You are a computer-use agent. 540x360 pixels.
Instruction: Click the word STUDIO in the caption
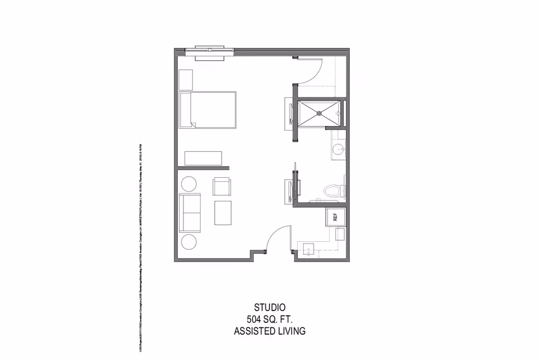[x=270, y=308]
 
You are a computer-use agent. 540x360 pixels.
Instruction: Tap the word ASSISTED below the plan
[x=253, y=331]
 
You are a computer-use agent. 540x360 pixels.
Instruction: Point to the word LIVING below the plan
[x=290, y=331]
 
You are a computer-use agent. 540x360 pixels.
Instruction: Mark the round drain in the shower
[x=319, y=113]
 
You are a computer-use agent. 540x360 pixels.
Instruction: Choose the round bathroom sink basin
[x=337, y=150]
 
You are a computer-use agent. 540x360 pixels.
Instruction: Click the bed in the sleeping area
[x=207, y=111]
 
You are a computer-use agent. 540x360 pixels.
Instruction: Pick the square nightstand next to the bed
[x=186, y=80]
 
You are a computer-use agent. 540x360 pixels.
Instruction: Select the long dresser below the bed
[x=203, y=157]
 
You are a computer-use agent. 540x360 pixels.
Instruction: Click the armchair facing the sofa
[x=222, y=186]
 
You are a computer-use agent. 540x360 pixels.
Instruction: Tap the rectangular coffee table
[x=223, y=213]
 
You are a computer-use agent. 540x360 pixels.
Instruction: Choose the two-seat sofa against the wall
[x=188, y=213]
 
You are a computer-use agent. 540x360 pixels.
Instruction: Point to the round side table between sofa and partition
[x=188, y=184]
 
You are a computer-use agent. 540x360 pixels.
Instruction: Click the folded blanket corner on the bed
[x=193, y=124]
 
